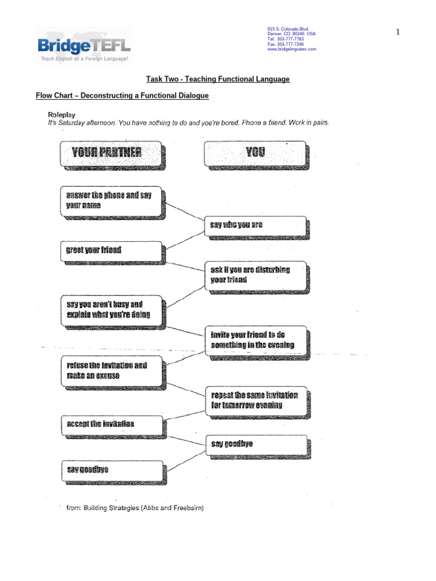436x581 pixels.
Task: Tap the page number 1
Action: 398,32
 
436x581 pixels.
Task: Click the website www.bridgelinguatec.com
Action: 292,49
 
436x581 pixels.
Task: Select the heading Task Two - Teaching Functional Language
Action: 218,79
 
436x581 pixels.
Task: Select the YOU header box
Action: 255,153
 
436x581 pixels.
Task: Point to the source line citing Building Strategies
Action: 135,507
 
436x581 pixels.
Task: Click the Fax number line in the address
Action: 286,44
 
